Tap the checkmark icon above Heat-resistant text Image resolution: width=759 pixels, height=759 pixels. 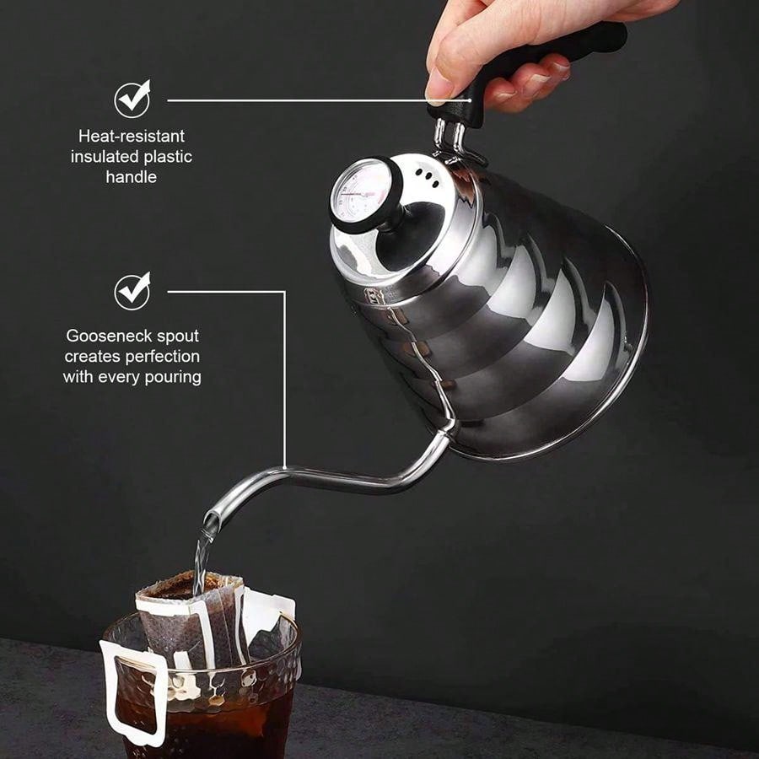pyautogui.click(x=132, y=100)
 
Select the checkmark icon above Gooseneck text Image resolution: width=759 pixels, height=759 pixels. pyautogui.click(x=132, y=292)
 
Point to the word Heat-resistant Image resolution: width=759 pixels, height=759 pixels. pyautogui.click(x=132, y=136)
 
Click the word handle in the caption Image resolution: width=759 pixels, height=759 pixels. pyautogui.click(x=132, y=177)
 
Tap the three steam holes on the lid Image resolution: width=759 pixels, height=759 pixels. pyautogui.click(x=428, y=177)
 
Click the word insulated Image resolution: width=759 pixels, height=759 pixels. pyautogui.click(x=99, y=156)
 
